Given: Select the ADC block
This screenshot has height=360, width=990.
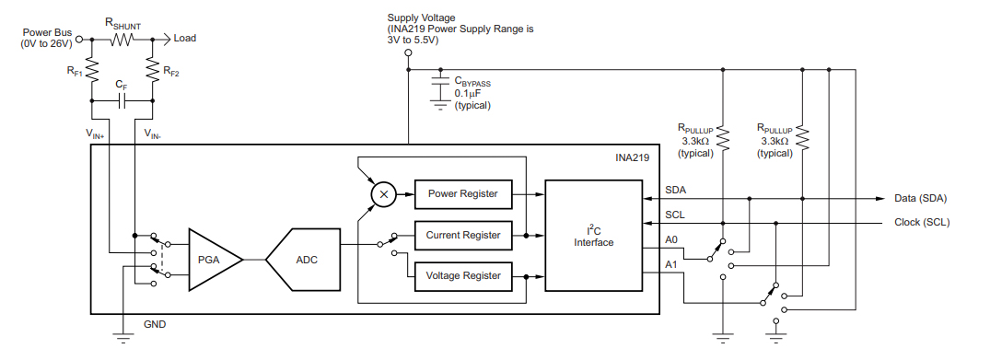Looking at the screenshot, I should [x=305, y=261].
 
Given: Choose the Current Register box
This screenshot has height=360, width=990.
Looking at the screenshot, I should [x=462, y=235].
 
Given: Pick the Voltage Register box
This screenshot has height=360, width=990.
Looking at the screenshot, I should [x=462, y=275].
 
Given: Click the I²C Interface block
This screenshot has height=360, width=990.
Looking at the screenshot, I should [x=593, y=236].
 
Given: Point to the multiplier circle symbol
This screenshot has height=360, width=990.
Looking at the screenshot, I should [x=383, y=194].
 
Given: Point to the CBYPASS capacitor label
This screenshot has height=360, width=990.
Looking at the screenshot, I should [x=472, y=82].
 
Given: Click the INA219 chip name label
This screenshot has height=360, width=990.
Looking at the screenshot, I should [x=633, y=157].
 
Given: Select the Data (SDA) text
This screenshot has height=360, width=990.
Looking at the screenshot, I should [x=920, y=198].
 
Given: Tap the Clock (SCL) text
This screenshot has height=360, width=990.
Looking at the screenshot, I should [x=921, y=222].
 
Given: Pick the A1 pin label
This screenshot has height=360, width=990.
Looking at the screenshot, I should [x=671, y=266].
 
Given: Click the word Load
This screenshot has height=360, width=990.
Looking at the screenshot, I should [x=185, y=39].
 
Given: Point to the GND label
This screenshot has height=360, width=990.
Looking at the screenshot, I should [x=155, y=324].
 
